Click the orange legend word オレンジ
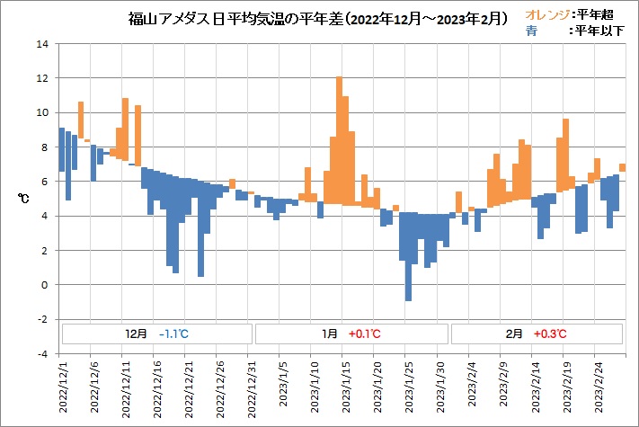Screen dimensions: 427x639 [546, 15]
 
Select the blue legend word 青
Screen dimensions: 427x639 [532, 30]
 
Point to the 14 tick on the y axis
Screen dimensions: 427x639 [41, 44]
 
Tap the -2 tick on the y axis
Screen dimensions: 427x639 [41, 319]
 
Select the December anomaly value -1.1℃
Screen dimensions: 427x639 [173, 334]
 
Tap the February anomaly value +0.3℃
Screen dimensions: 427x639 [550, 334]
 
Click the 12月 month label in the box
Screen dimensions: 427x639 [136, 334]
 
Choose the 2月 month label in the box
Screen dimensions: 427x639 [514, 334]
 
